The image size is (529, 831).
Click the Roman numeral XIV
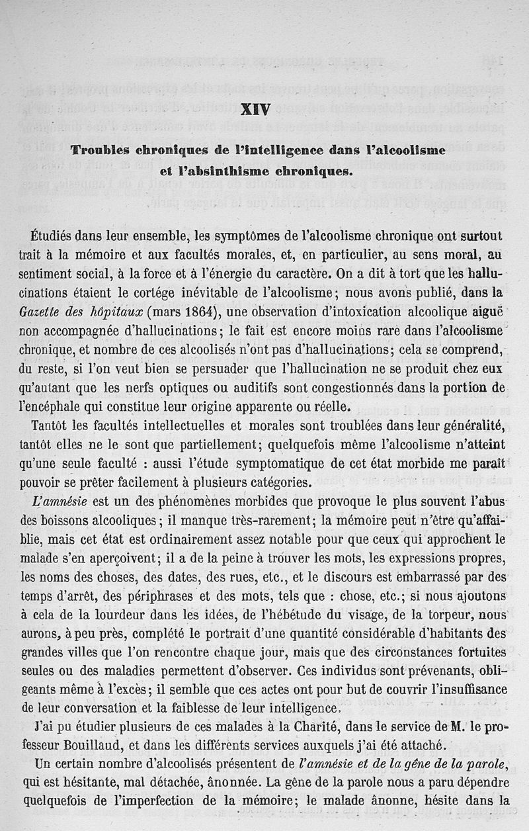255,109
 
